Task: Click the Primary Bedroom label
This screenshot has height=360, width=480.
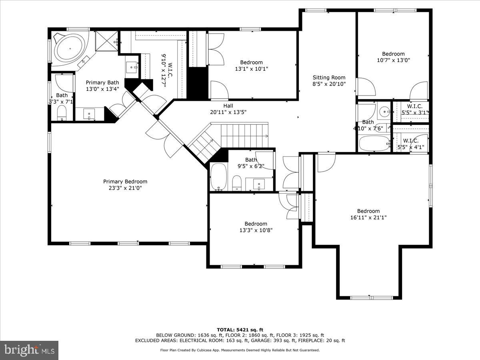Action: coord(125,181)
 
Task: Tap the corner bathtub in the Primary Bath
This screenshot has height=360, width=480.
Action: coord(70,49)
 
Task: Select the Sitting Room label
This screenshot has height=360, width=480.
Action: coord(329,78)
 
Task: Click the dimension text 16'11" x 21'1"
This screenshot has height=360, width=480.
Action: coord(368,218)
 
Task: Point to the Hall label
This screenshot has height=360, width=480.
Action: coord(228,106)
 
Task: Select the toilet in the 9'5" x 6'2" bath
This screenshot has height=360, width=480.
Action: coord(237,183)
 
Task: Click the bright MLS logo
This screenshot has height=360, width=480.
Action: coord(29,350)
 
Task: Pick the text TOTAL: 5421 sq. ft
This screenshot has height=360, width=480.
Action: coord(240,330)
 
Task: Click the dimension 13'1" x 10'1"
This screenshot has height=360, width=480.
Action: coord(252,69)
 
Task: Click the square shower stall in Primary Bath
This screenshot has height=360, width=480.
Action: coord(106,41)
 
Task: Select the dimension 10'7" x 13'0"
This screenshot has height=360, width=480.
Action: coord(393,60)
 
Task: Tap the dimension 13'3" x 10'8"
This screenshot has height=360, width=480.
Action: coord(256,230)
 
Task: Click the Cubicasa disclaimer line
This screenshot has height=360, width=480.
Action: coord(240,350)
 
